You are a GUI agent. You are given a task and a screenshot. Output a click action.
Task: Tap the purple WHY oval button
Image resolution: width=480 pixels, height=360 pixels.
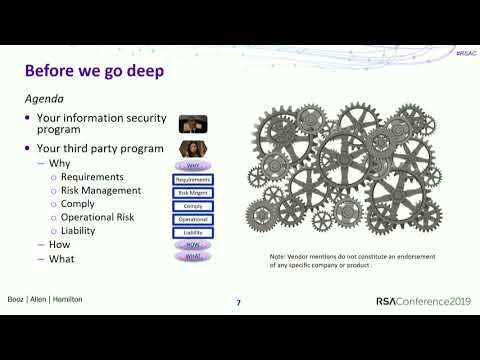pyautogui.click(x=193, y=165)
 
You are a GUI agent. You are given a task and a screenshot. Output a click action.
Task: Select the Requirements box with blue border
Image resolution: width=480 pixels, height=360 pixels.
pyautogui.click(x=193, y=179)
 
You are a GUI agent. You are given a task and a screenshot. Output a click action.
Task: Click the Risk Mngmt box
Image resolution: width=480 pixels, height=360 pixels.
pyautogui.click(x=193, y=192)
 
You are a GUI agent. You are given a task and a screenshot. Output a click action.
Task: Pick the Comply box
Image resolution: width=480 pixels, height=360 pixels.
pyautogui.click(x=193, y=205)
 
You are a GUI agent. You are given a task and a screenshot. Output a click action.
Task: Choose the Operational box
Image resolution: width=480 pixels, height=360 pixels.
pyautogui.click(x=193, y=218)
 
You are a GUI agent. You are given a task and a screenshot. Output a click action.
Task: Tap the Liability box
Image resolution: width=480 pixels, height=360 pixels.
pyautogui.click(x=193, y=231)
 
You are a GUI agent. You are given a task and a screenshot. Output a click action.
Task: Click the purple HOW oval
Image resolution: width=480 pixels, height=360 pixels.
pyautogui.click(x=193, y=244)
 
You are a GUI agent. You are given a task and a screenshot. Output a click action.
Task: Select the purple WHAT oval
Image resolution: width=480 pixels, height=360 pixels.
pyautogui.click(x=193, y=257)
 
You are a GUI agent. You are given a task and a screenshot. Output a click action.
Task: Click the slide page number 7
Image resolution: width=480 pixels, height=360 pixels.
pyautogui.click(x=238, y=303)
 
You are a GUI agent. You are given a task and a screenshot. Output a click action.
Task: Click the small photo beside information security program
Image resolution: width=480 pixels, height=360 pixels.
pyautogui.click(x=193, y=124)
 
